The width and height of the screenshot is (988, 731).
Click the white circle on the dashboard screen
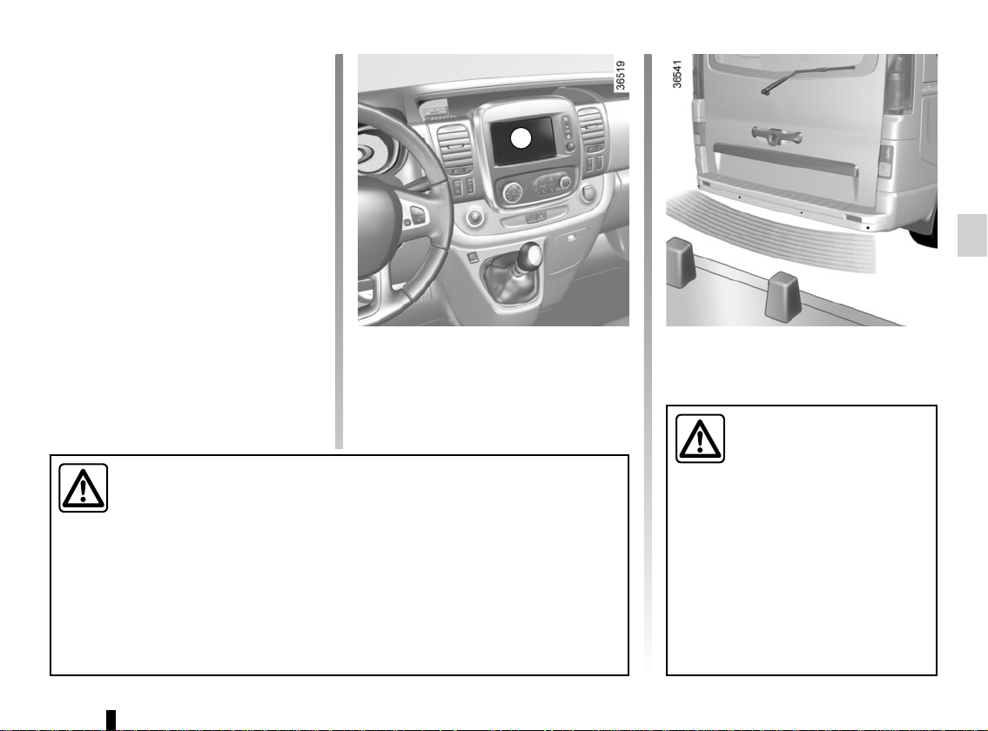(x=521, y=138)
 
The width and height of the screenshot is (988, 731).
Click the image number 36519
(x=621, y=76)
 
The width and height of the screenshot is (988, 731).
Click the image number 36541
(x=676, y=74)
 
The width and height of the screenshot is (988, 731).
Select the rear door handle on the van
(x=776, y=134)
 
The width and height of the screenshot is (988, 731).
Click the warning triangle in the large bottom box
(x=84, y=487)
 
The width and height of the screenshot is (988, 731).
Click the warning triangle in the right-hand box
(x=700, y=439)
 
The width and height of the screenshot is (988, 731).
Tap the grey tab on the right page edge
(x=972, y=235)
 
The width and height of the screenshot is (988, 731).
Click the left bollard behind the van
(x=681, y=262)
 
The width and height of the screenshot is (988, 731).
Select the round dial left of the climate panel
(x=512, y=192)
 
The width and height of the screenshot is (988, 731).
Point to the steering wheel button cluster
(x=417, y=214)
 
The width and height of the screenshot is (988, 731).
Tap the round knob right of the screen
(x=570, y=147)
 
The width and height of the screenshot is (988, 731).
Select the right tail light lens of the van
(x=897, y=84)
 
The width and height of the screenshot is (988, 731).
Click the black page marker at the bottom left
(x=111, y=720)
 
